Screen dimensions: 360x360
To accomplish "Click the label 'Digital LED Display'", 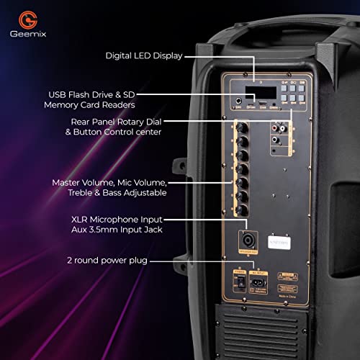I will [143, 55].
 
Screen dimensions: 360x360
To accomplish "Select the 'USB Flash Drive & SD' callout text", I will [92, 94].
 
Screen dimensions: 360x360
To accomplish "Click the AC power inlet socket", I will [255, 282].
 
